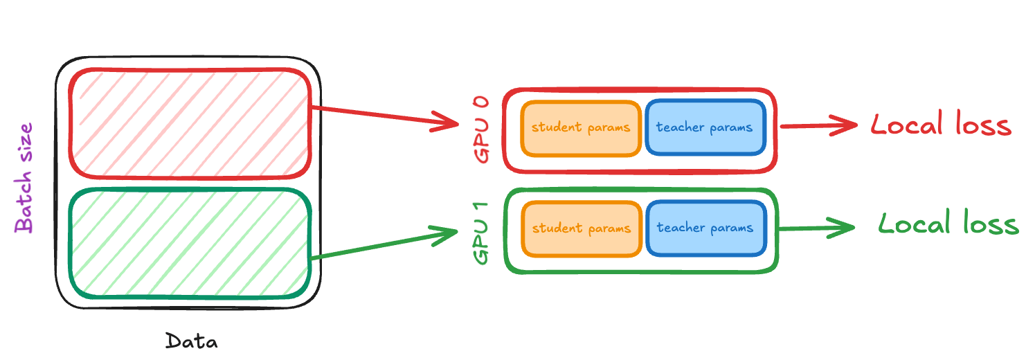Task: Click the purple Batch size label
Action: click(24, 178)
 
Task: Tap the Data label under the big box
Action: click(192, 341)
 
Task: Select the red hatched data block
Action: click(190, 124)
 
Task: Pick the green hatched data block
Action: click(190, 243)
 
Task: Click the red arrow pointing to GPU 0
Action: click(385, 116)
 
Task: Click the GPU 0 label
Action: click(481, 129)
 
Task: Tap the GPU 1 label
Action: click(481, 233)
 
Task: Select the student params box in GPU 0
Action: click(581, 129)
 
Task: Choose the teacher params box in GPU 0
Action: click(705, 127)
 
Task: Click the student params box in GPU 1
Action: click(582, 229)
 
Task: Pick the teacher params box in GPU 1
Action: click(706, 228)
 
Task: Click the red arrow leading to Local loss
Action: click(819, 125)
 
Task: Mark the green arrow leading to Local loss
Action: click(817, 228)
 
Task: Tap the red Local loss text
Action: click(941, 123)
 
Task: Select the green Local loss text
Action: click(948, 223)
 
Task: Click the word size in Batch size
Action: click(24, 142)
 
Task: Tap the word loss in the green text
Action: click(991, 223)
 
